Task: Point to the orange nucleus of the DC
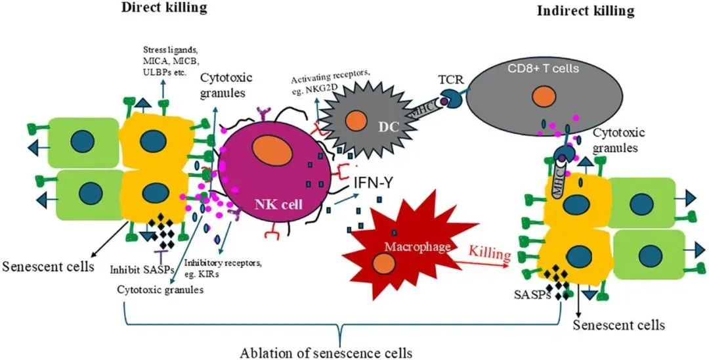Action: tap(356, 122)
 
